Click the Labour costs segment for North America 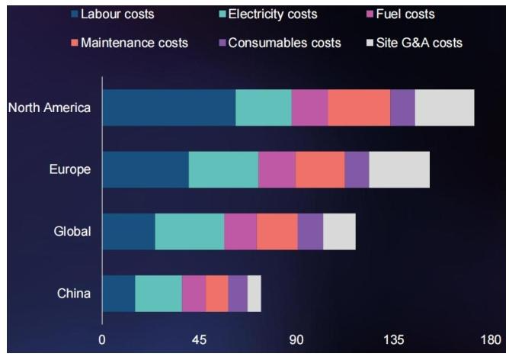tap(168, 108)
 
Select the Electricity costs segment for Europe tap(223, 169)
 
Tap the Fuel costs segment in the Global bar tap(240, 232)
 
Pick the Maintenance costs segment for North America tap(359, 108)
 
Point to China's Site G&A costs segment tap(254, 294)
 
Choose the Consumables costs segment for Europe tap(357, 169)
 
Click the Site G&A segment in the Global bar tap(339, 232)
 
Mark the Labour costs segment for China tap(119, 294)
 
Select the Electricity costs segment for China tap(158, 294)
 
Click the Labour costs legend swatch tap(75, 14)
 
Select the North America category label tap(50, 108)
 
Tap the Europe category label tap(70, 169)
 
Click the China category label tap(75, 294)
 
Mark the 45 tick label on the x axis tap(200, 339)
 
